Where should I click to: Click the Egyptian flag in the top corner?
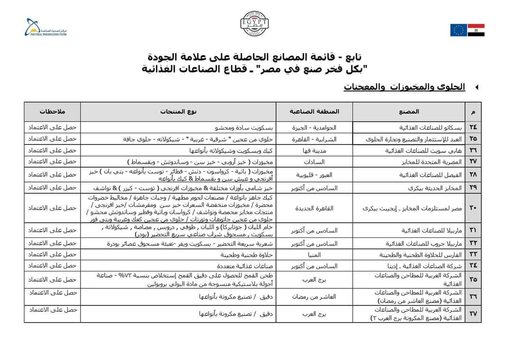(476, 30)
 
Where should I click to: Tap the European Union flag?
(458, 30)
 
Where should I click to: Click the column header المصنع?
(410, 112)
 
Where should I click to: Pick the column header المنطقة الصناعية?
(314, 112)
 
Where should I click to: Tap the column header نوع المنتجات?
(179, 112)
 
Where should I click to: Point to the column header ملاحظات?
(53, 112)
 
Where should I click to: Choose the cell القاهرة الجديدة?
(314, 208)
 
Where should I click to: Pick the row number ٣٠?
(473, 208)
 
